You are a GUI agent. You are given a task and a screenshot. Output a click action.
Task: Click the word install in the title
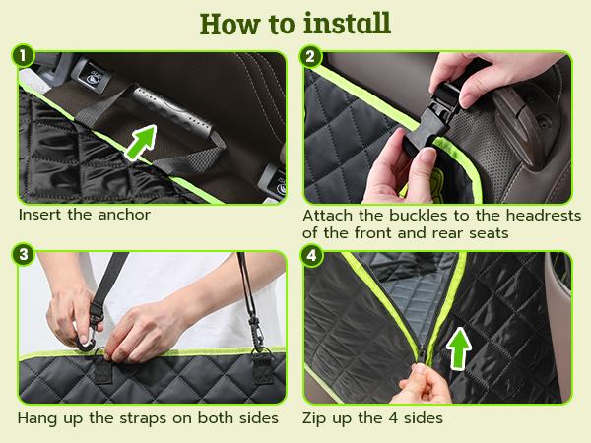point(343,22)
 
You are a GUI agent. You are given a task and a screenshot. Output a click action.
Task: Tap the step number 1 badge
point(24,57)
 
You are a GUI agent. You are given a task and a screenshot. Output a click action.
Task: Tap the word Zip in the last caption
point(317,417)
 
